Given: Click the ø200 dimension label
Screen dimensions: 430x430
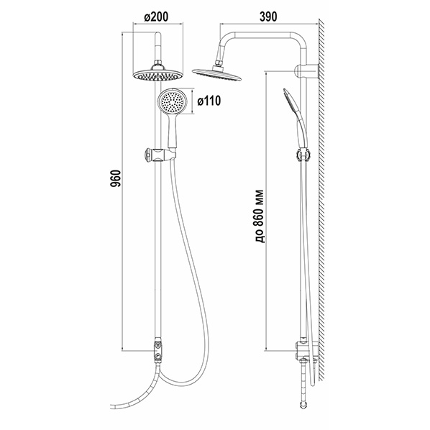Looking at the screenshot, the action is [x=156, y=17].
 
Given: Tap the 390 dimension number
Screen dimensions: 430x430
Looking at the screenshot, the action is [x=268, y=17].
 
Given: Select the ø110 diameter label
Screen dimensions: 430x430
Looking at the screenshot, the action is [x=209, y=101].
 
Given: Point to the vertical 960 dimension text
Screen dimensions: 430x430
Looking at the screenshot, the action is [x=116, y=178].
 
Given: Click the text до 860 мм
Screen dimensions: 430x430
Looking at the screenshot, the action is [x=259, y=216].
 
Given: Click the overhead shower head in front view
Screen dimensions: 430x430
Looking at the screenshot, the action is [x=157, y=74].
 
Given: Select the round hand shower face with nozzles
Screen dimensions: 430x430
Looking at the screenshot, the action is [x=173, y=101].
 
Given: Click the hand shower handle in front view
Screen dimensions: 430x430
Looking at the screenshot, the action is [x=172, y=131].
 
